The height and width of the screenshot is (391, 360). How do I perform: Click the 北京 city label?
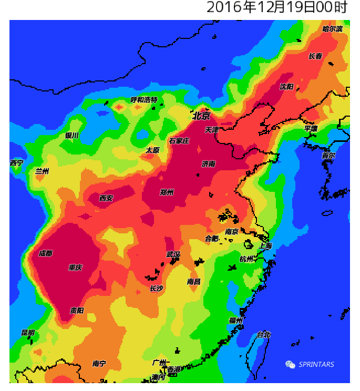(201, 116)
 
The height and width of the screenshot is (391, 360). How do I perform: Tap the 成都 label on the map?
(46, 253)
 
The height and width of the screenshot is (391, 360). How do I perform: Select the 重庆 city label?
(76, 267)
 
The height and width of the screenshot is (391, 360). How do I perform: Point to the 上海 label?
(265, 246)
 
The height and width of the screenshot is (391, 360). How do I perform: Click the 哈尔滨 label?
(333, 29)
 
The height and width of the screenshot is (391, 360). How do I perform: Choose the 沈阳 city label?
(287, 87)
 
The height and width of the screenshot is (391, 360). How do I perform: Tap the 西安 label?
(106, 198)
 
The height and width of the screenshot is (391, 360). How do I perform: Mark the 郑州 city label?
(167, 192)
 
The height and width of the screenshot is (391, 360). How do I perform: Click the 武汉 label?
(173, 254)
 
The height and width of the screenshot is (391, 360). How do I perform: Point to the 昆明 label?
(28, 333)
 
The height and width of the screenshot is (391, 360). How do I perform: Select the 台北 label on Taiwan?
(263, 335)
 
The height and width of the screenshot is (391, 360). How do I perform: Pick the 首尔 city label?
(328, 156)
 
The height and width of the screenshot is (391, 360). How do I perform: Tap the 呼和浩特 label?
(144, 100)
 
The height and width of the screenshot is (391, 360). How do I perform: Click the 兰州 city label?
(42, 171)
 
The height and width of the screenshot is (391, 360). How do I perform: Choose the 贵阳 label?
(77, 311)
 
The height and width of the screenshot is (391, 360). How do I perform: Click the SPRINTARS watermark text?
(316, 365)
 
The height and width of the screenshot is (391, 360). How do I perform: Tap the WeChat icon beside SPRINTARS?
(290, 364)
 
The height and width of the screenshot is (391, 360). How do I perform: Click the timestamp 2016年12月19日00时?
(277, 8)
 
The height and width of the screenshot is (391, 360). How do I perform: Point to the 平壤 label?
(311, 129)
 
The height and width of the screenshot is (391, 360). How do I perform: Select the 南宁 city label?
(99, 363)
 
